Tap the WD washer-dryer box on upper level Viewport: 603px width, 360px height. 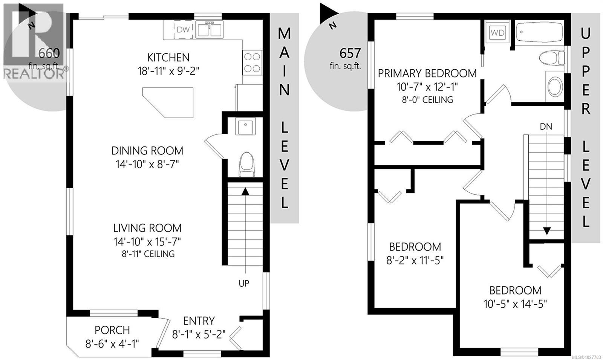click(497, 32)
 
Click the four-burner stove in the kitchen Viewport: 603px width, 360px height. click(252, 63)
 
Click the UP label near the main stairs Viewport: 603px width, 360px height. click(244, 283)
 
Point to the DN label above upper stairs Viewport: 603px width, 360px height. click(546, 127)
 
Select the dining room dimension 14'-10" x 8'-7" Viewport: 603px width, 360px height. click(147, 164)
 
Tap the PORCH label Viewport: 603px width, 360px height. click(112, 330)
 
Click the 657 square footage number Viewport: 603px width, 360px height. click(350, 53)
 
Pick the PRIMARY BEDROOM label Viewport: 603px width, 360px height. click(427, 73)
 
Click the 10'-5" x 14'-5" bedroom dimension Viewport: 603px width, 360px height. click(515, 304)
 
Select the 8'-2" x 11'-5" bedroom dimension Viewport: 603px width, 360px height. click(415, 260)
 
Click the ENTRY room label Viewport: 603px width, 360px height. click(199, 321)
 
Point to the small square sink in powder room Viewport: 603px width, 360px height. click(245, 126)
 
